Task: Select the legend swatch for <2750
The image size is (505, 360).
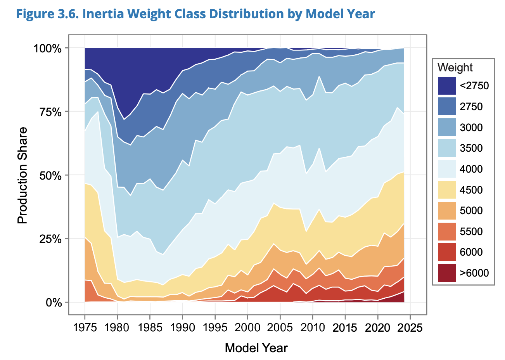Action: pyautogui.click(x=447, y=86)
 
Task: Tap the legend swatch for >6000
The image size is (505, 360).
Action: pyautogui.click(x=447, y=273)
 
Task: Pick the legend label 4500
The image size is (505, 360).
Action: pyautogui.click(x=471, y=190)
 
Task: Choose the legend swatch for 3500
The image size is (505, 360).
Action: pyautogui.click(x=447, y=148)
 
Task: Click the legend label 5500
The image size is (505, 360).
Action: pyautogui.click(x=471, y=232)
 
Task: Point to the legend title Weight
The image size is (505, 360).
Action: pyautogui.click(x=455, y=67)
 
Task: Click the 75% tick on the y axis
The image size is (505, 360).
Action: pyautogui.click(x=51, y=112)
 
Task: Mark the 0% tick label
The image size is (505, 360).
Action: pyautogui.click(x=54, y=302)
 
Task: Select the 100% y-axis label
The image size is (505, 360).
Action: pyautogui.click(x=48, y=48)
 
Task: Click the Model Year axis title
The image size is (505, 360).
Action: pyautogui.click(x=256, y=348)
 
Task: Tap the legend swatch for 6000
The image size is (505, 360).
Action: pyautogui.click(x=447, y=252)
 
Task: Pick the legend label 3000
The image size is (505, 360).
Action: pyautogui.click(x=471, y=127)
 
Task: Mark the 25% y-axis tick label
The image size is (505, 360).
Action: pyautogui.click(x=51, y=239)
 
